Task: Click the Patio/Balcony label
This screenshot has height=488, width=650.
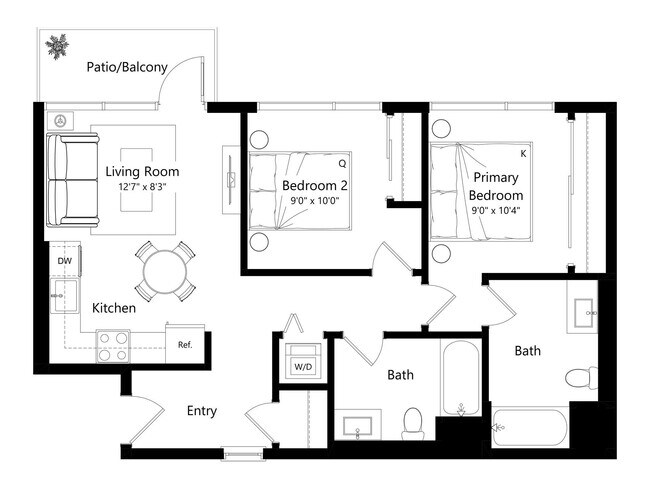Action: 125,67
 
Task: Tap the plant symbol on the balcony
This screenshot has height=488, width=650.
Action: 55,45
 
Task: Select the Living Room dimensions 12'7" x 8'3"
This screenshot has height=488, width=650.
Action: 142,187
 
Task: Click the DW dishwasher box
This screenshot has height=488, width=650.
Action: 65,261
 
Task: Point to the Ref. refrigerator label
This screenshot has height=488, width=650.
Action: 185,345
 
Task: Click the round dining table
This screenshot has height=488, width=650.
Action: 164,271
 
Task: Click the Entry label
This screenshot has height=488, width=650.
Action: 201,411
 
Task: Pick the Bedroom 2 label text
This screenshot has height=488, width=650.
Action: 314,185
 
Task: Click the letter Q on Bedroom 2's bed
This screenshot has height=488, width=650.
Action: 342,162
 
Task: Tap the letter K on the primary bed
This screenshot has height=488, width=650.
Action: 523,153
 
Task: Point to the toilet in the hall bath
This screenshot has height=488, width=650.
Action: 412,421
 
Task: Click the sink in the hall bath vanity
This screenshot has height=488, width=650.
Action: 357,427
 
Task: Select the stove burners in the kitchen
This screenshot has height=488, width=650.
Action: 113,345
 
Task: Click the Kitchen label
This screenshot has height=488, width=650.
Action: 114,308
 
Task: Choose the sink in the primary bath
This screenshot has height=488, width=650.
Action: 583,313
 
